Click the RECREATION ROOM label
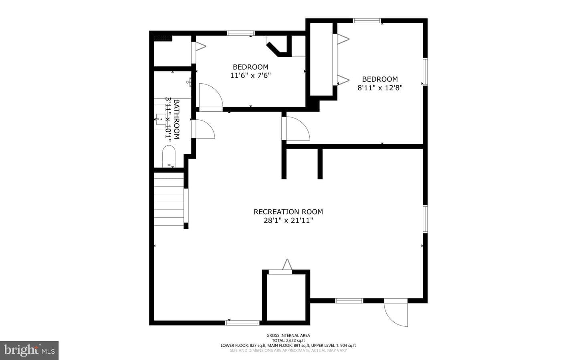[x=288, y=212]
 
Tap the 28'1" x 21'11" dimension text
[x=288, y=220]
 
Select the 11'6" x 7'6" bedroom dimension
[x=250, y=75]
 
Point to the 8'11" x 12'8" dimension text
[x=380, y=88]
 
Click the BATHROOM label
[x=177, y=119]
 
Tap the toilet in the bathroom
[x=169, y=156]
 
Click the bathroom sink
[x=161, y=119]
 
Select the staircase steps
[x=169, y=199]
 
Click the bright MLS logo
[x=29, y=350]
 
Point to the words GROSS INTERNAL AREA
[x=288, y=335]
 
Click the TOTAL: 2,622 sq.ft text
[x=288, y=340]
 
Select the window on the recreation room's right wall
[x=425, y=219]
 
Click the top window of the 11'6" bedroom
[x=240, y=33]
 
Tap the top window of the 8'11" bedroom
[x=367, y=20]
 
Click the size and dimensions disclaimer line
[x=288, y=350]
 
